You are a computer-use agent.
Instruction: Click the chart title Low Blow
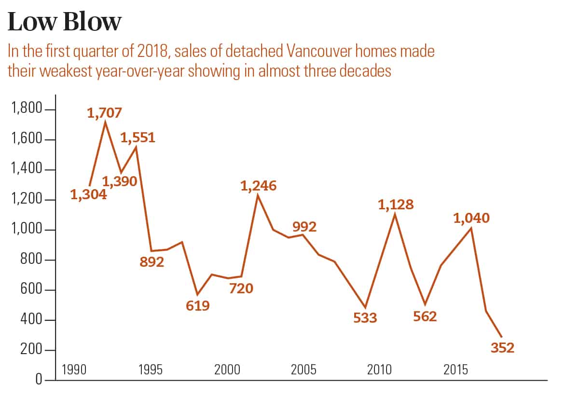tap(65, 23)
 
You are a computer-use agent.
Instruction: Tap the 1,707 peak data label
tap(104, 113)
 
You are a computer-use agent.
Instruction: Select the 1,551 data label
tap(138, 138)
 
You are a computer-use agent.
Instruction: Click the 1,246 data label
tap(259, 185)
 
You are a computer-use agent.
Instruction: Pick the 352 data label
tap(502, 347)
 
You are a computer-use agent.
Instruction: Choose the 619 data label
tap(198, 305)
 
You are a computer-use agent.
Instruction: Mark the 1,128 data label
tap(396, 205)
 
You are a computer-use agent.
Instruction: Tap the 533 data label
tap(365, 318)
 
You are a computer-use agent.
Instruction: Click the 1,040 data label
tap(471, 218)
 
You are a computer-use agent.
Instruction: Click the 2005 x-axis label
tap(304, 370)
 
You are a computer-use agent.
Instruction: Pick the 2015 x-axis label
tap(456, 370)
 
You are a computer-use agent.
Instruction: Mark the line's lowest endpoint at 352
tap(501, 337)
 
